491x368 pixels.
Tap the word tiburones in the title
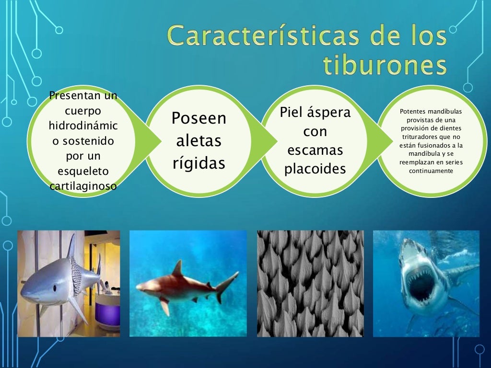385,66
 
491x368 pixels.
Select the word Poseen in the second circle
199,118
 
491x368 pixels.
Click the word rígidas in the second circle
199,163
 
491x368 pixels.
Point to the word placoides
315,169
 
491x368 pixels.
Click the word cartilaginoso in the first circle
83,186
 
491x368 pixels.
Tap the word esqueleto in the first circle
83,171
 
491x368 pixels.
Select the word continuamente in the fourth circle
431,170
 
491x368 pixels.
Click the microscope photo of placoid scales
310,283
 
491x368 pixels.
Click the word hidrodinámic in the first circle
83,126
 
